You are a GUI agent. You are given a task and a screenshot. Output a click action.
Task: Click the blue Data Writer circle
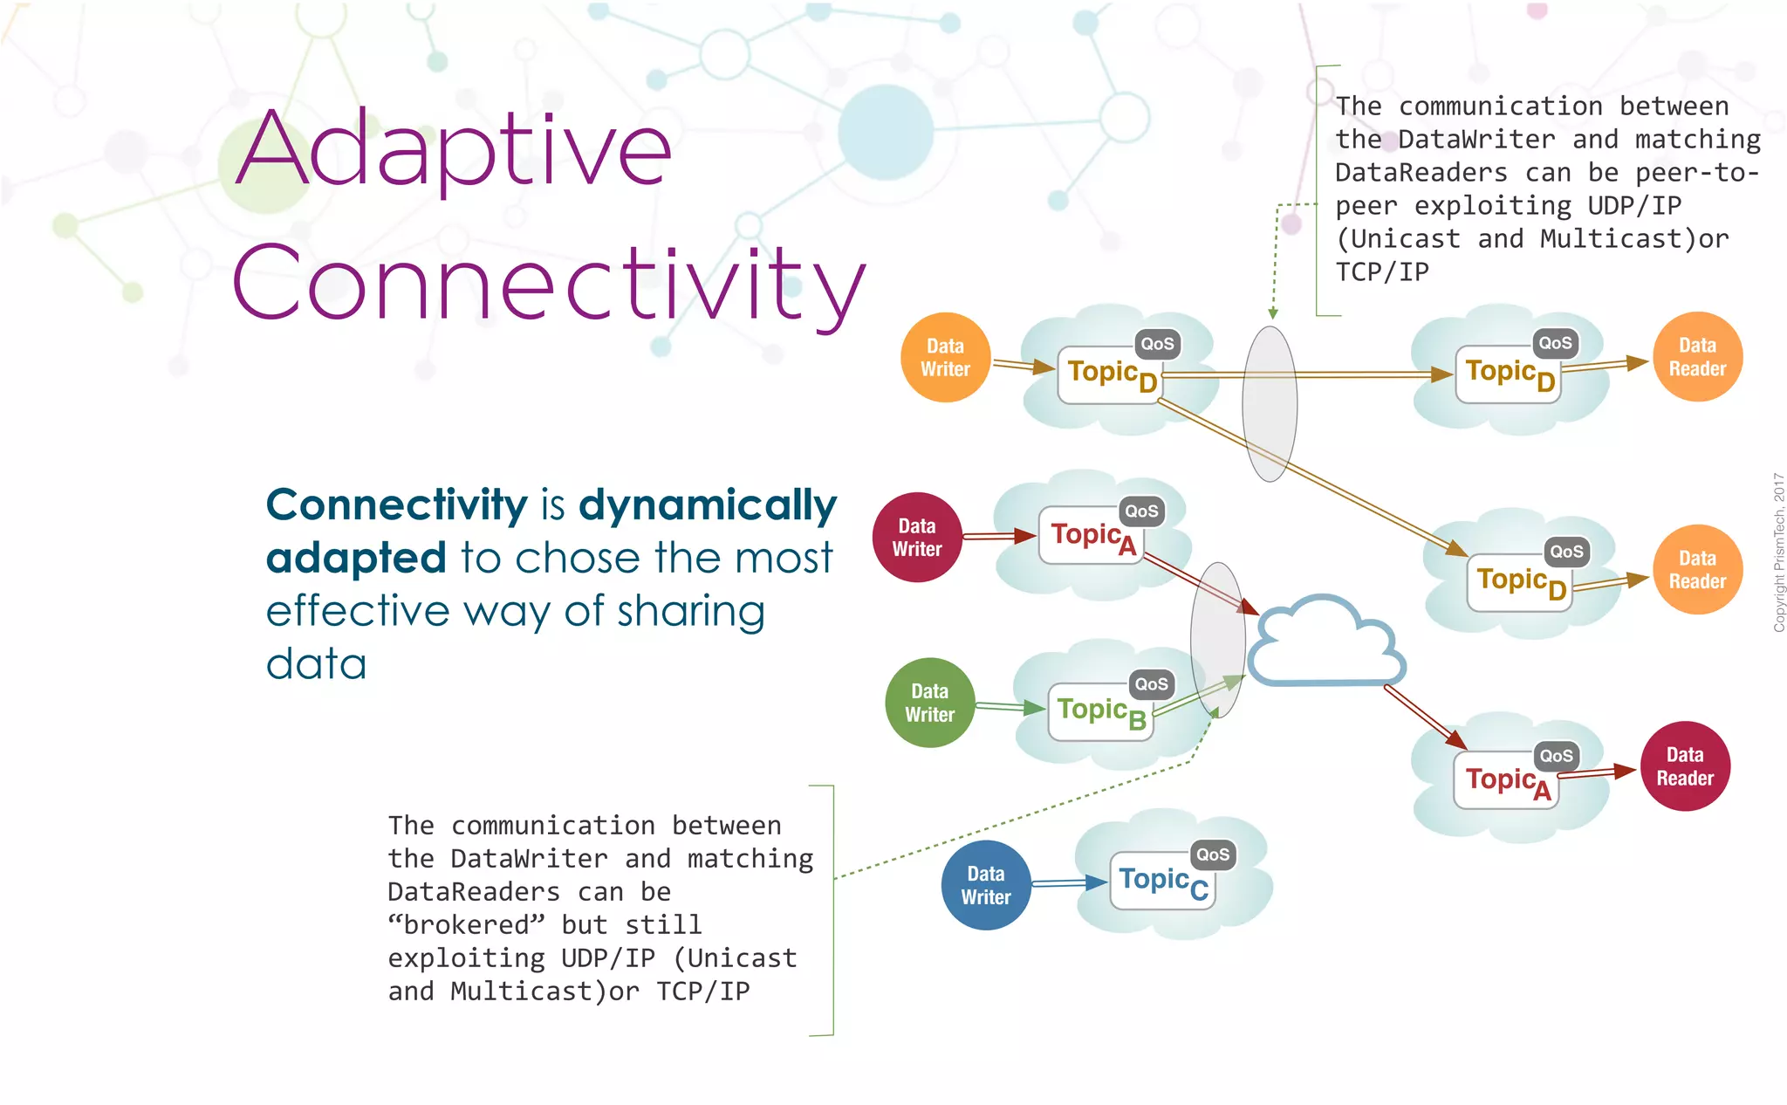tap(986, 885)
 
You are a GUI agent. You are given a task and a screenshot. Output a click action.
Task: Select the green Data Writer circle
tap(929, 703)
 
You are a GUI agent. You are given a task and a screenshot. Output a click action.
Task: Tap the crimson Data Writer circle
tap(917, 538)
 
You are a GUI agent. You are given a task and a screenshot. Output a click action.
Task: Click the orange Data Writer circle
tap(945, 358)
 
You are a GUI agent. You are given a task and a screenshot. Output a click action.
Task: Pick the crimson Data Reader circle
tap(1685, 766)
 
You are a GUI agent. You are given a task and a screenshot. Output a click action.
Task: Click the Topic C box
tap(1162, 882)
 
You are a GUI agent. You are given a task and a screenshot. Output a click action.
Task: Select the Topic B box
tap(1100, 712)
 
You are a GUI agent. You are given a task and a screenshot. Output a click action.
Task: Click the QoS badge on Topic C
tap(1213, 854)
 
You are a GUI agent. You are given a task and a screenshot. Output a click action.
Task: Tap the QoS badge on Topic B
tap(1151, 684)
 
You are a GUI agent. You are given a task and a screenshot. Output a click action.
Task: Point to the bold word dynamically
tap(708, 505)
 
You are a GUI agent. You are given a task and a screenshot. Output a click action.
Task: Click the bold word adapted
tap(356, 559)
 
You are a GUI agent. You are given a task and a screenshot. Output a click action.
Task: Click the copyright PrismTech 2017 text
tap(1778, 552)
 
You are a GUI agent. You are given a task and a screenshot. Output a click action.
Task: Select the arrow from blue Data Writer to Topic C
tap(1068, 884)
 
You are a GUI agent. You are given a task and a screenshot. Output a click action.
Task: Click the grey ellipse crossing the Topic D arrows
tap(1270, 403)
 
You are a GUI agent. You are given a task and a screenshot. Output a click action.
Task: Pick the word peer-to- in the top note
tap(1697, 173)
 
